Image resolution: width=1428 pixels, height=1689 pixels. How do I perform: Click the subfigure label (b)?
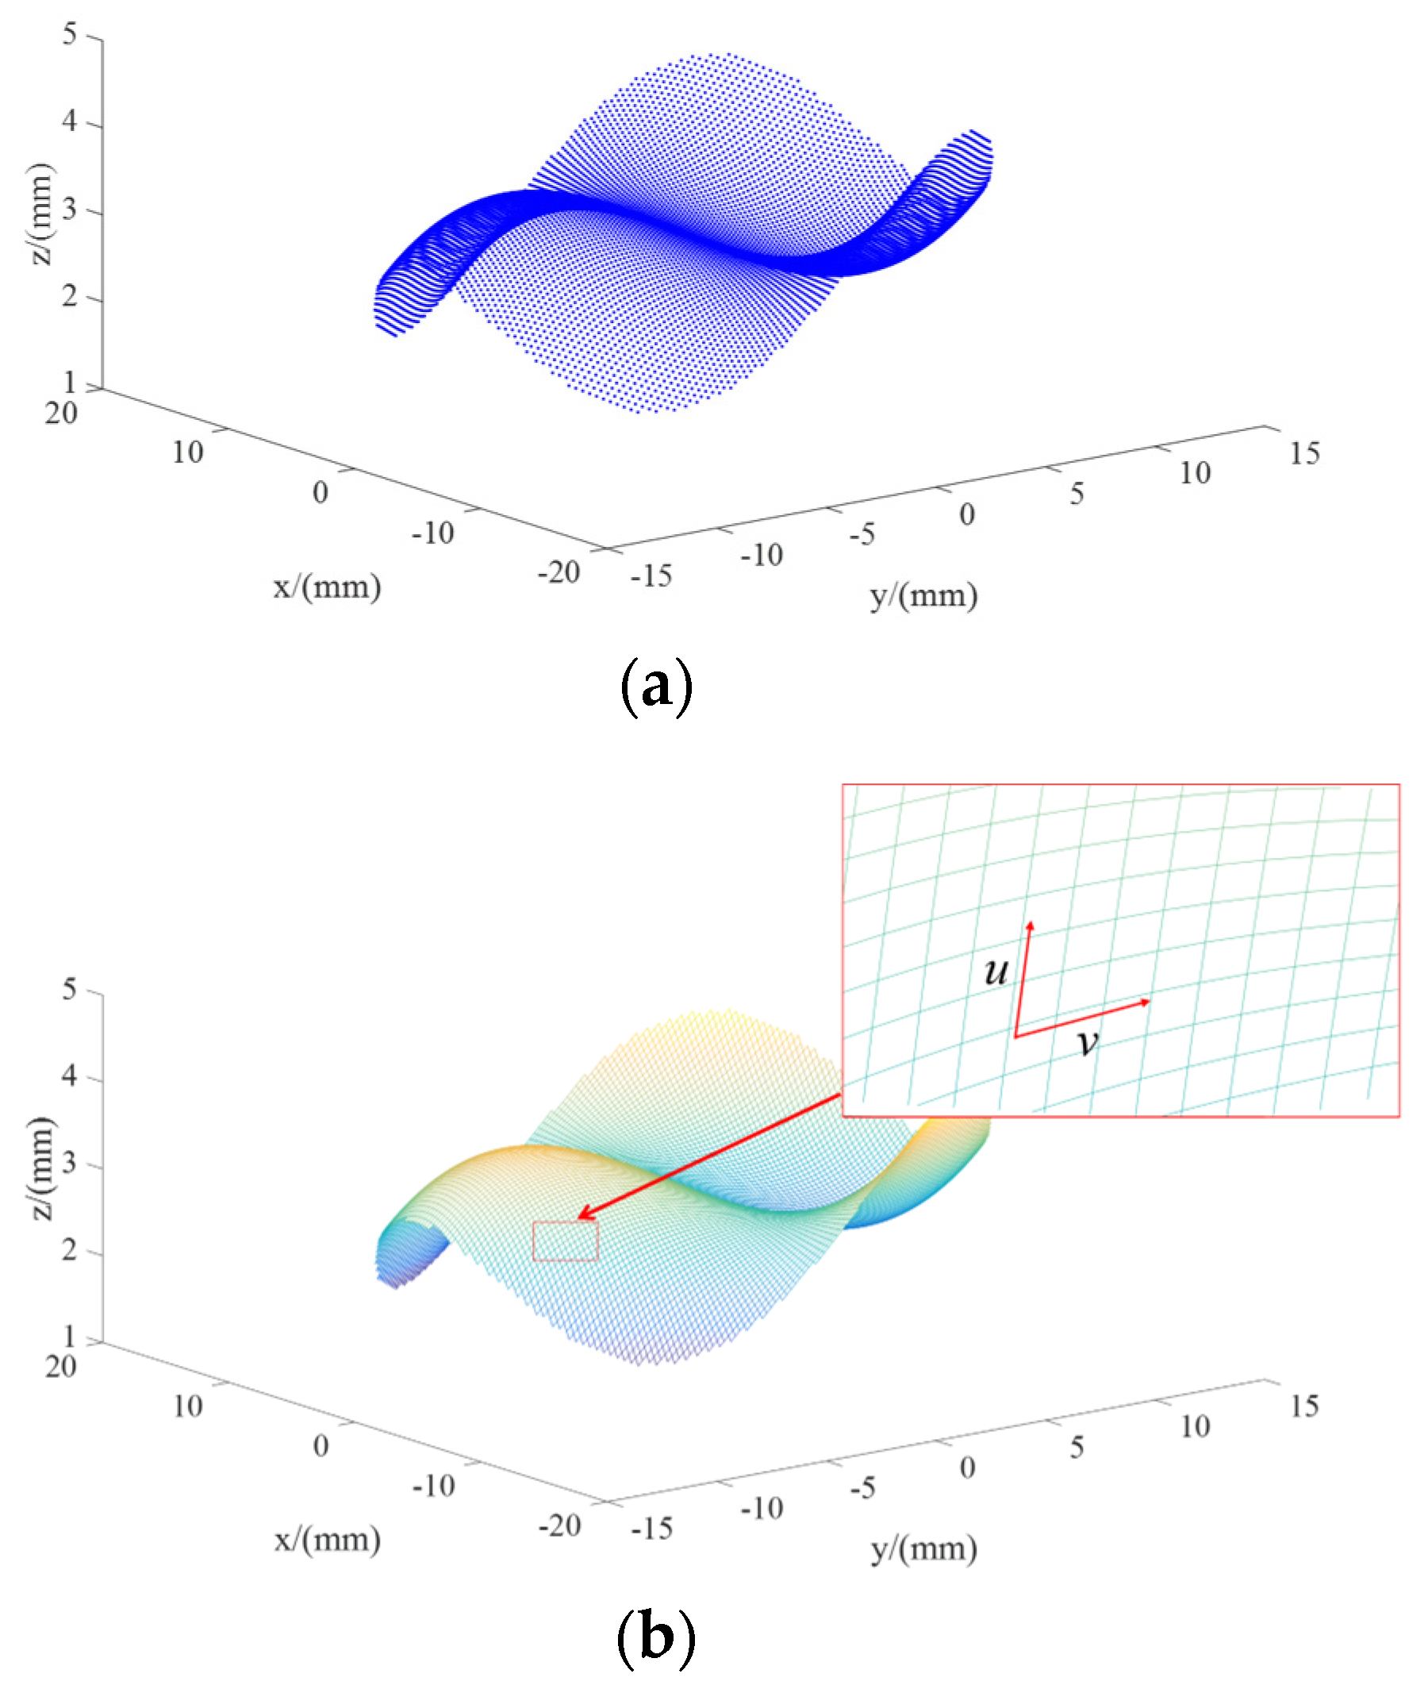tap(656, 1637)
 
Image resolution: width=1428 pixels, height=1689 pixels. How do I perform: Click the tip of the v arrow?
tap(1149, 1002)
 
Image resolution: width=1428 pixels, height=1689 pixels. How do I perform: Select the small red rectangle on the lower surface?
tap(565, 1241)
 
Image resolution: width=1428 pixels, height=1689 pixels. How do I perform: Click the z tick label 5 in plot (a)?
tap(71, 35)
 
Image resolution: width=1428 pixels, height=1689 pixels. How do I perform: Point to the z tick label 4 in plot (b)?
tap(71, 1076)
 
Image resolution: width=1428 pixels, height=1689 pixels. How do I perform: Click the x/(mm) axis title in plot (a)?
tap(327, 587)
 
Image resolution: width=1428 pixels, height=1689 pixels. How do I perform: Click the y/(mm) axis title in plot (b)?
tap(923, 1548)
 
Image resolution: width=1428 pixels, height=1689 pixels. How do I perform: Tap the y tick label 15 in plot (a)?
tap(1304, 453)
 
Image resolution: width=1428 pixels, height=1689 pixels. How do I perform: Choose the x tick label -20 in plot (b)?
tap(559, 1526)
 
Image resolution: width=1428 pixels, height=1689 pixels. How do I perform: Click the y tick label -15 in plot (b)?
tap(651, 1529)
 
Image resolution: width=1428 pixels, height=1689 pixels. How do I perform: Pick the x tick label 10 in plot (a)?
tap(187, 452)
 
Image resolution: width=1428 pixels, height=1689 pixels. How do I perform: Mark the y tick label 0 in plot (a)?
tap(966, 514)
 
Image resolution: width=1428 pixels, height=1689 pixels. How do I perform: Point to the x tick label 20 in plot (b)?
tap(61, 1367)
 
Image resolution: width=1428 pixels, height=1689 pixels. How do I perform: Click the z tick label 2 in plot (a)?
tap(71, 297)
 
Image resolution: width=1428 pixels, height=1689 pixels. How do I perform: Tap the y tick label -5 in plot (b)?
tap(862, 1487)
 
